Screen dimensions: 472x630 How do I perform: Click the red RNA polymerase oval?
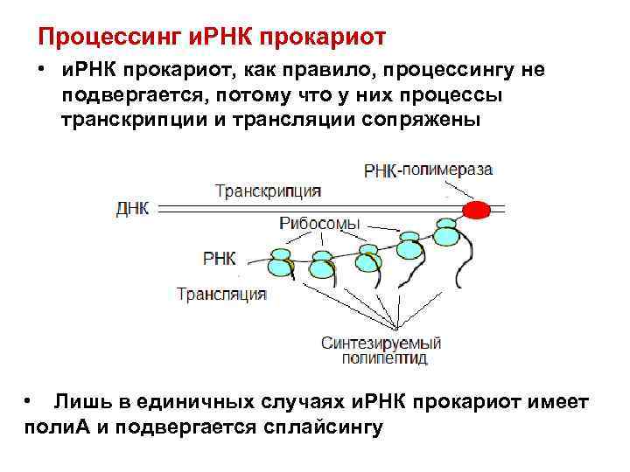477,211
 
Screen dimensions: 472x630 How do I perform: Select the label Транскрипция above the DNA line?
268,191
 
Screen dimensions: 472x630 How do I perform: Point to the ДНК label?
133,208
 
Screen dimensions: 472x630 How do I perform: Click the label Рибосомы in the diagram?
319,224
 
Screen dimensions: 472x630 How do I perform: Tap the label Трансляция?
221,294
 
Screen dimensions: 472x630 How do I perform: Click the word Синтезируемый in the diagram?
381,343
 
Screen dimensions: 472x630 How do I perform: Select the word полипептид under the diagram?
374,358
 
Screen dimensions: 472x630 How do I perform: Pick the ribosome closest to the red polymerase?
446,229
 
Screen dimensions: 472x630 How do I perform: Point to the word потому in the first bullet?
262,94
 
